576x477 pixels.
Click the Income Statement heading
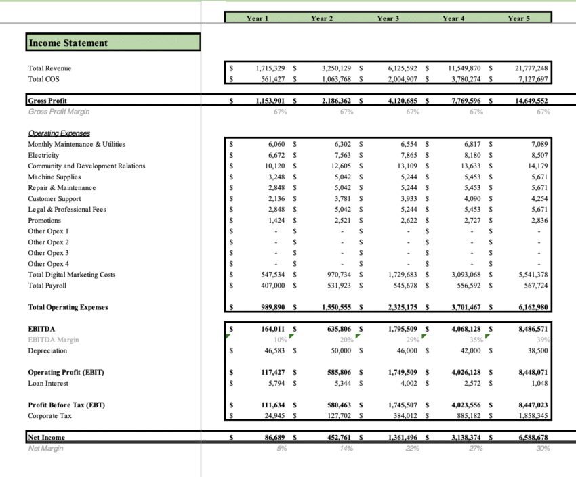point(68,43)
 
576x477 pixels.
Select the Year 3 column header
point(386,18)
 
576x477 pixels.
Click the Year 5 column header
point(518,18)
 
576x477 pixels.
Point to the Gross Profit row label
point(47,101)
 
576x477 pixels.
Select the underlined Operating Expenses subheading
point(59,133)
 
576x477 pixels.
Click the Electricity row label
point(44,155)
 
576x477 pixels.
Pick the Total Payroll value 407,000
point(272,286)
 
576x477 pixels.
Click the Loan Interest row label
point(48,383)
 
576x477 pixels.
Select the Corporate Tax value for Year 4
point(468,416)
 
